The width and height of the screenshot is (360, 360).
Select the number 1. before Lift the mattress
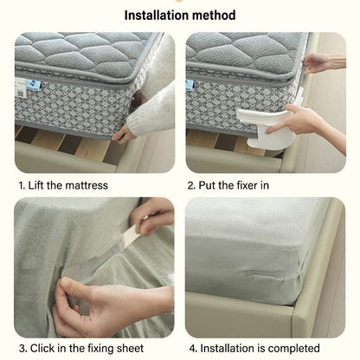tap(22, 184)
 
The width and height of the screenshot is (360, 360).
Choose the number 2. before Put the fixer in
tap(191, 184)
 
